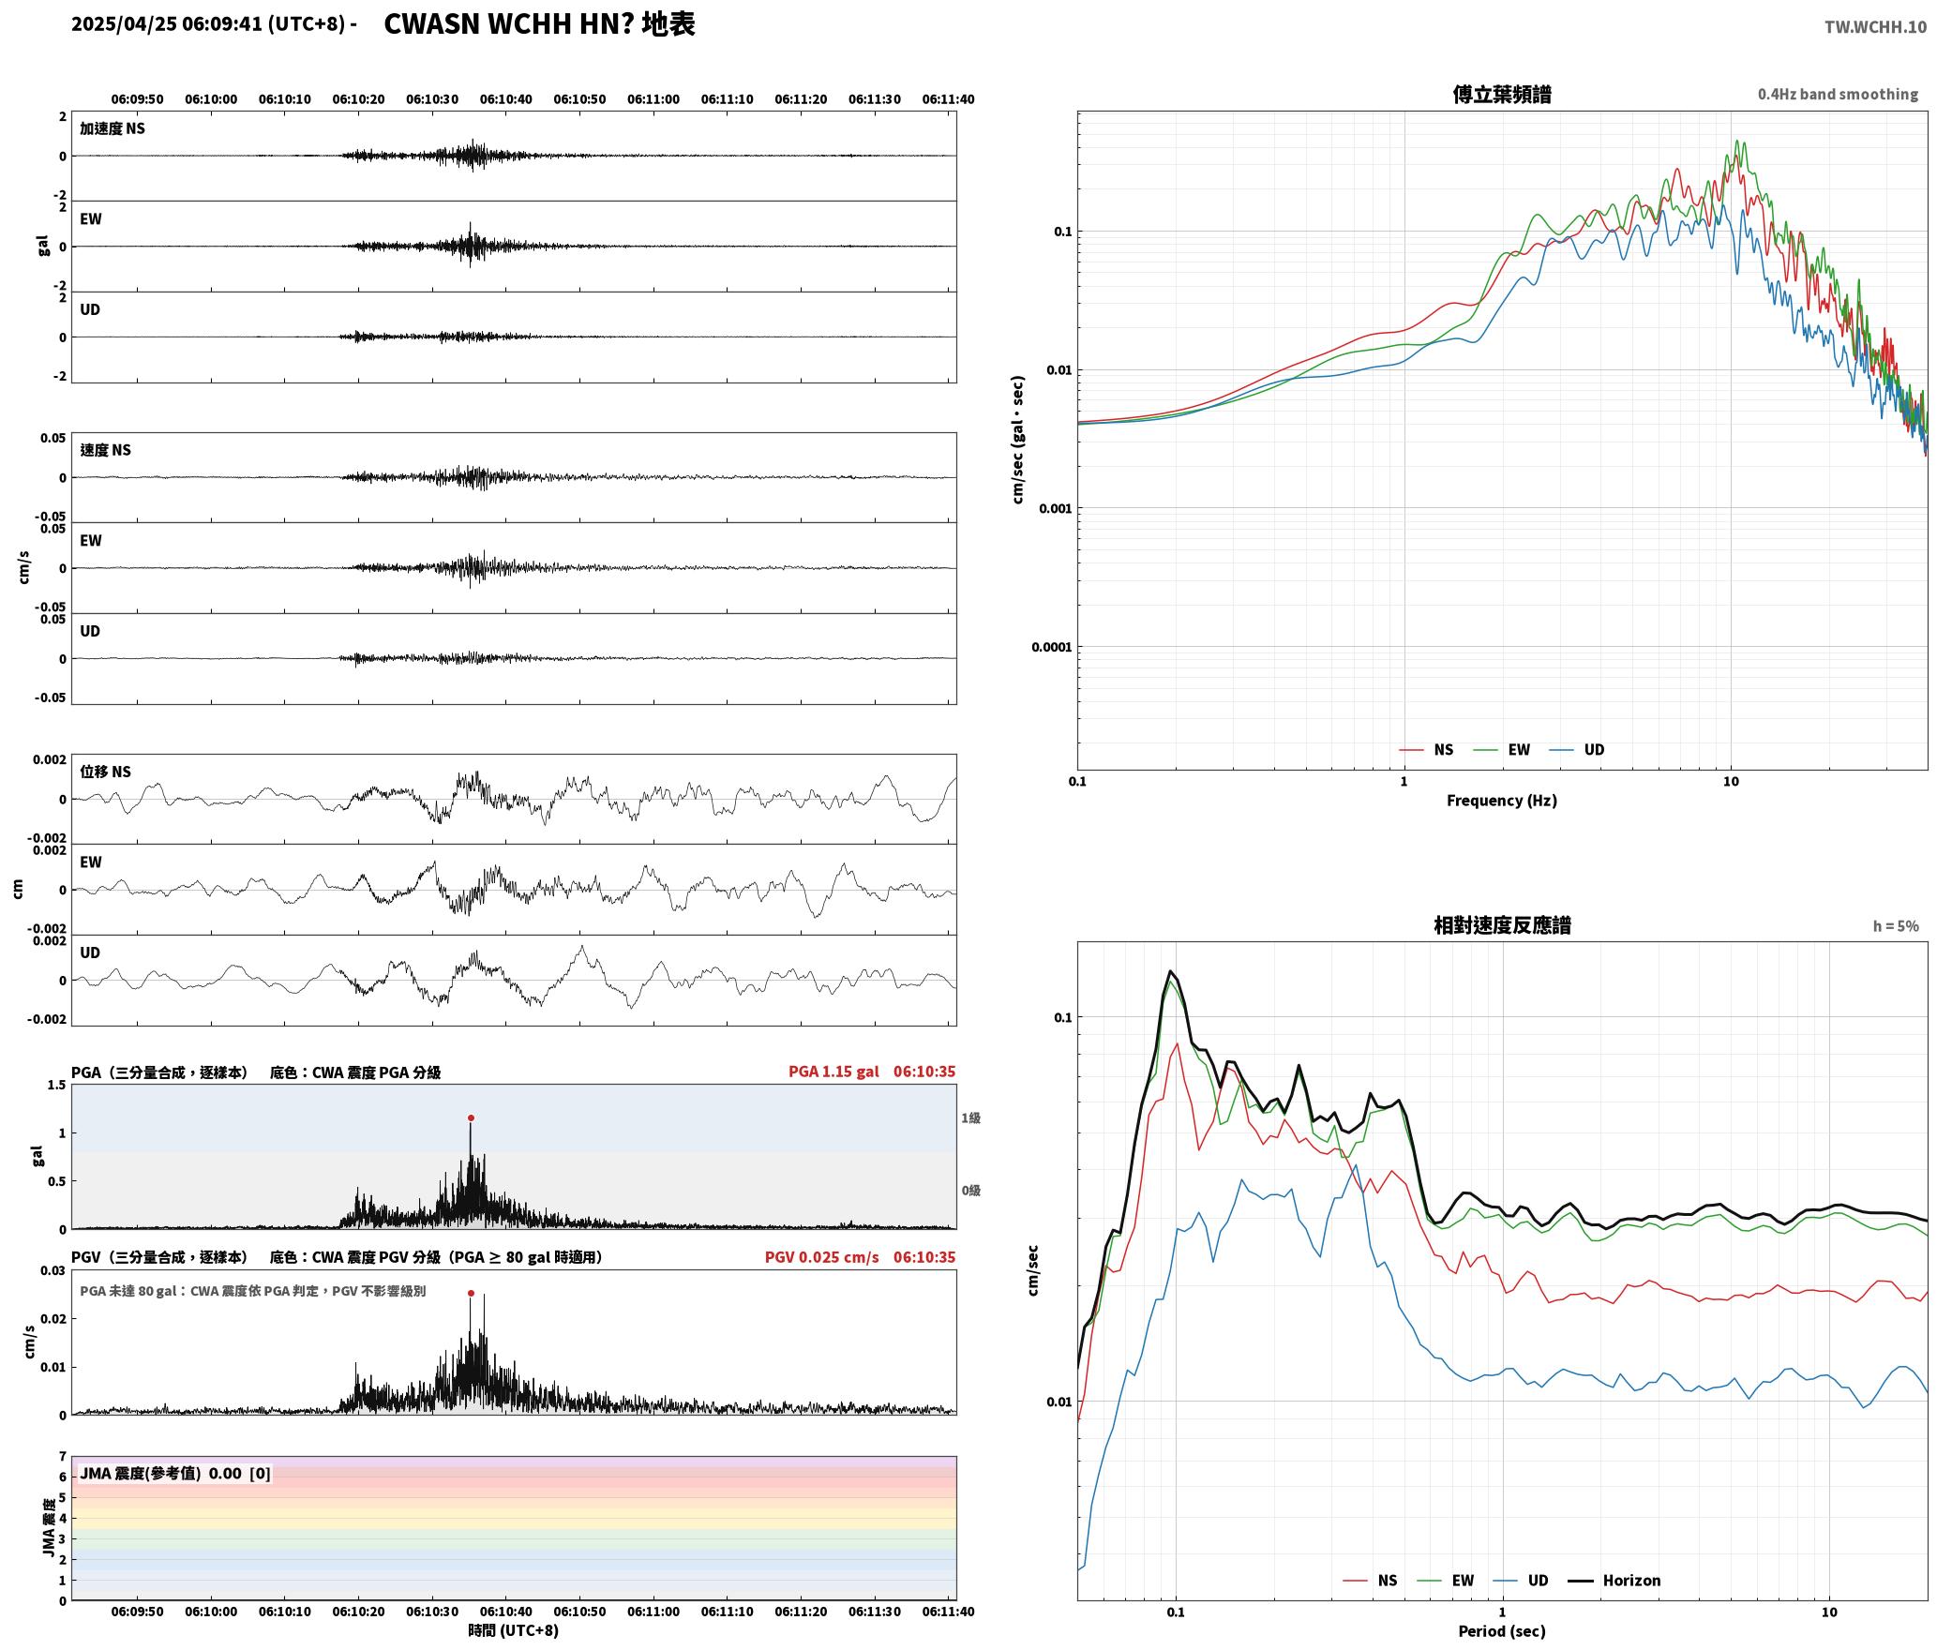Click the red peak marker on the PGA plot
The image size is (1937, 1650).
click(x=471, y=1117)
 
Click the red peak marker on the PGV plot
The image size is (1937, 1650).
click(x=471, y=1293)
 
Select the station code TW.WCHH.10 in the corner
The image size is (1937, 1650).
click(x=1875, y=27)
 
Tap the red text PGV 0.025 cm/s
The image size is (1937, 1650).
click(x=821, y=1257)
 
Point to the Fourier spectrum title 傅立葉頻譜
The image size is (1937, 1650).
click(x=1501, y=94)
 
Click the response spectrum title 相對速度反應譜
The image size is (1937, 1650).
click(x=1502, y=925)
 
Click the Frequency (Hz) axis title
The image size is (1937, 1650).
click(x=1501, y=801)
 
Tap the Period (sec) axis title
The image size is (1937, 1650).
click(x=1501, y=1631)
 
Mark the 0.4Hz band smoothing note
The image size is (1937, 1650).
click(x=1838, y=94)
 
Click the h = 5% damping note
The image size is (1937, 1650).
click(x=1896, y=926)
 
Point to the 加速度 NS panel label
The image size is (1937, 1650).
click(x=113, y=128)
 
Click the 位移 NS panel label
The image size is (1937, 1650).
click(x=105, y=772)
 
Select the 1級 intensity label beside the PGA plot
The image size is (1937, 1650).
click(x=970, y=1117)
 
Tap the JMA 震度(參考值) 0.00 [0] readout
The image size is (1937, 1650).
click(x=175, y=1473)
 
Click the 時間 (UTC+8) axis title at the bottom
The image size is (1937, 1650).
click(x=513, y=1630)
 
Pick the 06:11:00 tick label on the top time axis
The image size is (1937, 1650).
click(x=653, y=99)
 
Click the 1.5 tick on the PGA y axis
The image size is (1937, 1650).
click(x=56, y=1085)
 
